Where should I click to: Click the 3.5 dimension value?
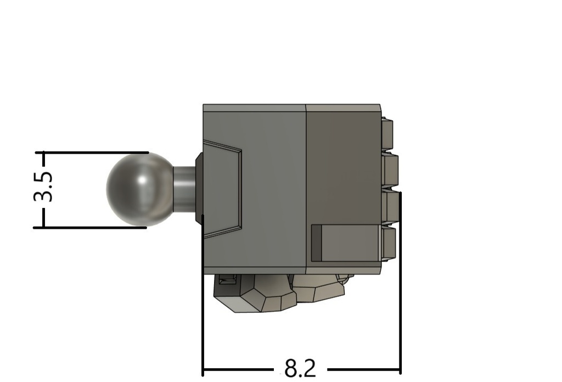click(x=43, y=187)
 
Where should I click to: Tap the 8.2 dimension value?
click(x=300, y=368)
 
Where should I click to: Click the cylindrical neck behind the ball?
click(x=184, y=189)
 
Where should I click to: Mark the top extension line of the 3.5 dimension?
click(x=92, y=153)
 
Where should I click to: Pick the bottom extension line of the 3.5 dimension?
click(x=90, y=228)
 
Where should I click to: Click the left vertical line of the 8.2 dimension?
click(x=203, y=295)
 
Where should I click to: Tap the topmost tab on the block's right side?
click(x=387, y=134)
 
